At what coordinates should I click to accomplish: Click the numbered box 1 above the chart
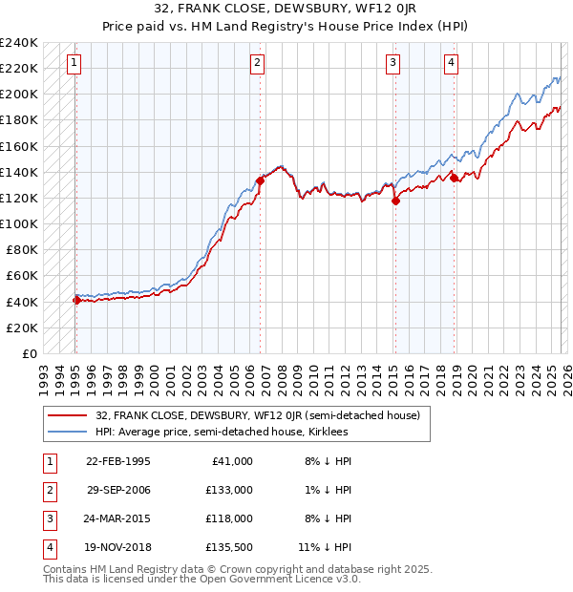pos(74,64)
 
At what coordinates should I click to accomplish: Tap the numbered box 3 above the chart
pos(393,64)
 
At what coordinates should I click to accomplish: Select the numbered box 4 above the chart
pos(450,64)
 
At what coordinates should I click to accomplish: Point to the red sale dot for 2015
pos(394,200)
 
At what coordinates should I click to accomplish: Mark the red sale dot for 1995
pos(76,300)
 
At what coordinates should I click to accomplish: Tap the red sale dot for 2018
pos(453,177)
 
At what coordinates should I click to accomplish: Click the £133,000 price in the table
pos(229,489)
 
